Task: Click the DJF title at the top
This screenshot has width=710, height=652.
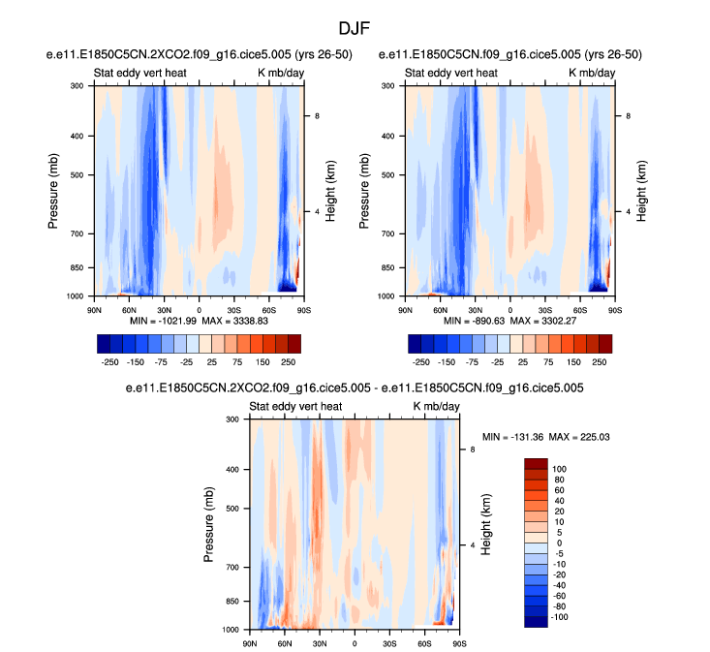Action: tap(355, 29)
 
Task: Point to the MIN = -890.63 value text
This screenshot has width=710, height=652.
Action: tap(477, 320)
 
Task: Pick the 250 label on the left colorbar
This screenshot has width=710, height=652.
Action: tap(288, 360)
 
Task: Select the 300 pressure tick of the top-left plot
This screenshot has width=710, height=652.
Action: tap(77, 86)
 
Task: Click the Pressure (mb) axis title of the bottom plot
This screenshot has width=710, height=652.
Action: tap(210, 524)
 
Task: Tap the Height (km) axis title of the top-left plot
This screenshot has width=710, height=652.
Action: tap(330, 190)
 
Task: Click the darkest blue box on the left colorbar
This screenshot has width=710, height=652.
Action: tap(106, 343)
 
